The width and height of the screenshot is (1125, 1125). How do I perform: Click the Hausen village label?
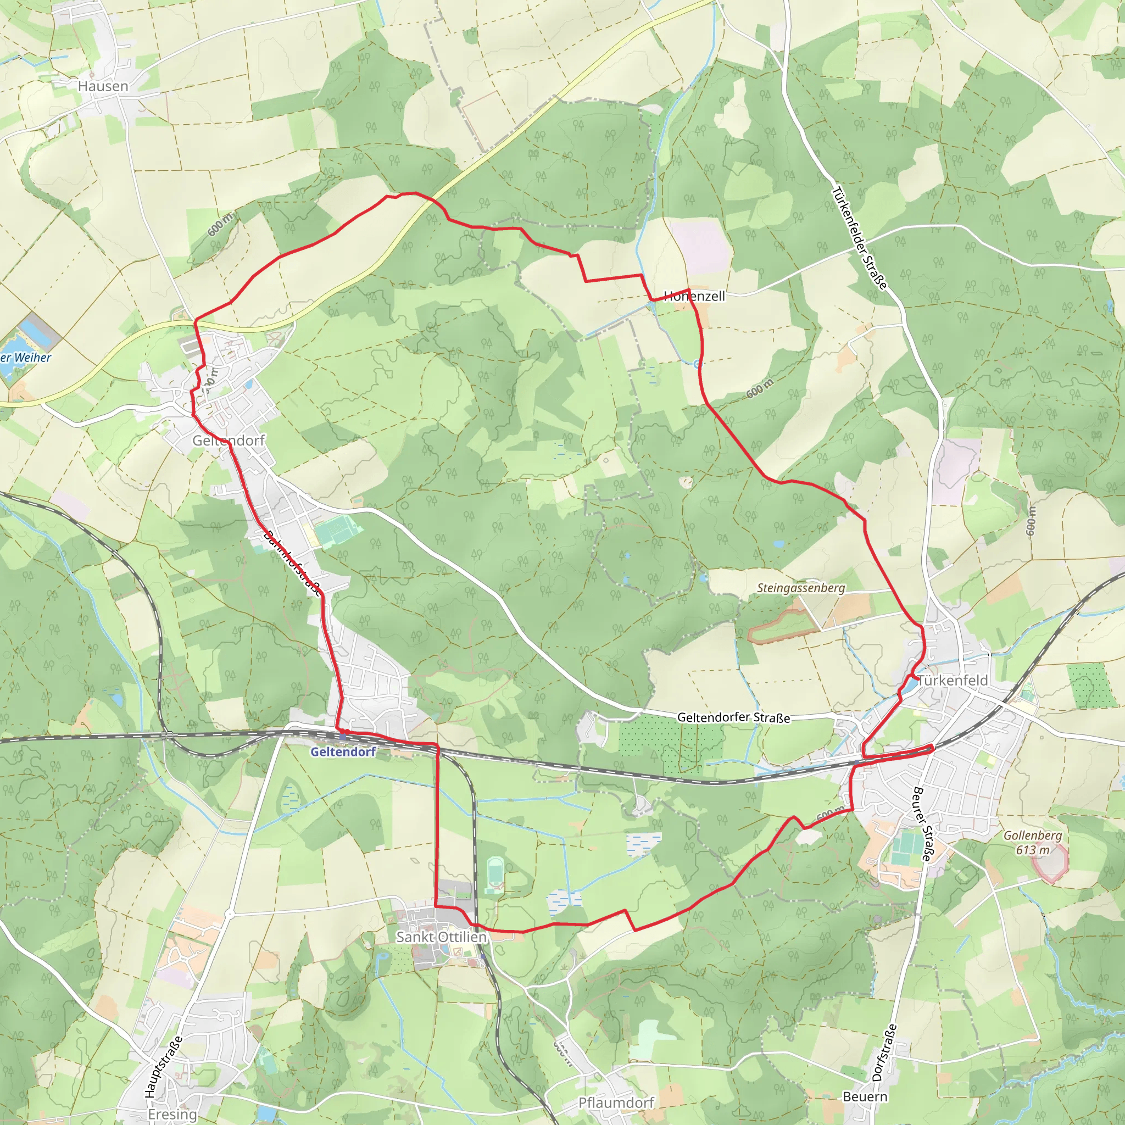coord(103,86)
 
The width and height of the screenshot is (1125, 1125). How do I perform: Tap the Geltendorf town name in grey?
coord(229,440)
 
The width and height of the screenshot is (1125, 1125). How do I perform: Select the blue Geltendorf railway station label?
coord(343,752)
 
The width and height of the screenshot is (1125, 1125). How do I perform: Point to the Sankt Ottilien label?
coord(441,937)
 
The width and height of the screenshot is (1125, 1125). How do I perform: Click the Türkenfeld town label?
coord(953,680)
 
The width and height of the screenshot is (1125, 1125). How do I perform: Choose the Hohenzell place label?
coord(695,296)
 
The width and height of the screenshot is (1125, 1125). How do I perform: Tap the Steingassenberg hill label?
coord(801,588)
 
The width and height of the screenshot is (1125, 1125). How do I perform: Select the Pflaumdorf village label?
coord(616,1103)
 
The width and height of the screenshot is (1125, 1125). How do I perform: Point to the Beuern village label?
coord(865,1097)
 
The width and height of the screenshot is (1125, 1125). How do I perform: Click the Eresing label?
coord(172,1115)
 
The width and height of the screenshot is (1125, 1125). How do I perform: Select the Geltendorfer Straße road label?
coord(733,717)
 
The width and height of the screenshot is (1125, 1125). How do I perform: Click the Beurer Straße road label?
coord(922,824)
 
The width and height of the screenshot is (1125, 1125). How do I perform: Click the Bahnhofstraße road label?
coord(292,563)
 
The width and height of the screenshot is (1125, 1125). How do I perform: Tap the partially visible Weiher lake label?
coord(26,358)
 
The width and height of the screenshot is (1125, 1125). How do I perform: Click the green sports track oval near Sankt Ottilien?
coord(494,875)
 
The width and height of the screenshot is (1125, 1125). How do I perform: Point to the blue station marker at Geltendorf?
coord(342,737)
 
